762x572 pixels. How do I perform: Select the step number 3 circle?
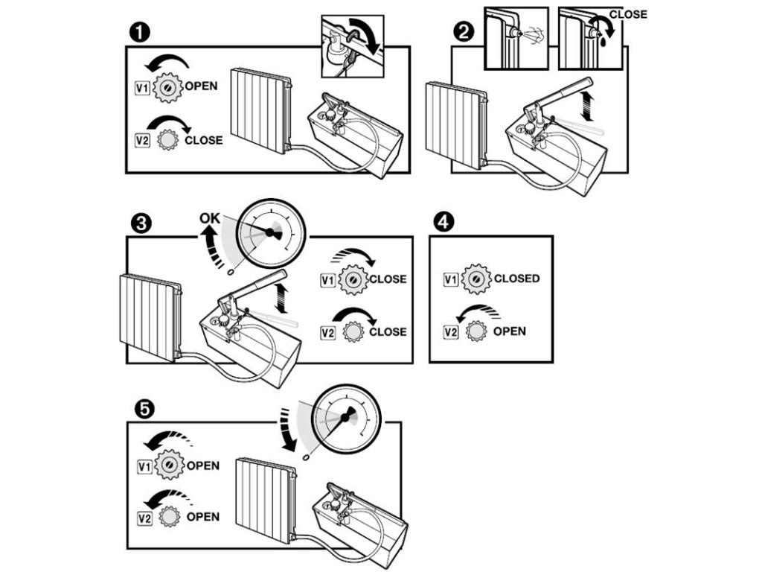138,223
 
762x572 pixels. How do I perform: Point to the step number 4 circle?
442,221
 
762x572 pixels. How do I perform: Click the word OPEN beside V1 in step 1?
201,86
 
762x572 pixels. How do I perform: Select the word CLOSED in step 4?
516,279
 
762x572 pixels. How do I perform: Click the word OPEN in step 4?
509,331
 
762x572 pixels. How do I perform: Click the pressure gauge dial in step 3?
270,233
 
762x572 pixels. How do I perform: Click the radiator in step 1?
259,109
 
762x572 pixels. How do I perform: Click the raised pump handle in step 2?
562,93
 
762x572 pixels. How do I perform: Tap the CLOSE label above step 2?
629,14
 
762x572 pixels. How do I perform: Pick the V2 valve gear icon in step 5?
169,517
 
